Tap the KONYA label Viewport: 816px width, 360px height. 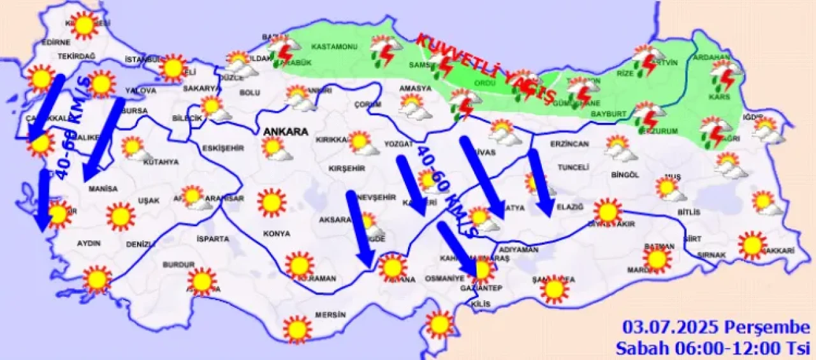[x=276, y=234]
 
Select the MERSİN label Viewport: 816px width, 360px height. [x=330, y=315]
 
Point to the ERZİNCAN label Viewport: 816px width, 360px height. [x=569, y=144]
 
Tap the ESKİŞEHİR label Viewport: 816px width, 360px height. [x=223, y=148]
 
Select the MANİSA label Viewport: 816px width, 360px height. [x=103, y=189]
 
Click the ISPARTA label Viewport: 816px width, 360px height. [x=213, y=239]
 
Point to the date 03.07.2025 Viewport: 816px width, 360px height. [x=671, y=328]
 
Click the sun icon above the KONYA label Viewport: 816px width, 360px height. [x=272, y=203]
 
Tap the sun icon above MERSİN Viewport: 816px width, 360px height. [x=297, y=329]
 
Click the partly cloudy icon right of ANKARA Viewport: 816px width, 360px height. [x=275, y=149]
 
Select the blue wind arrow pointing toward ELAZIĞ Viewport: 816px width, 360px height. [x=541, y=182]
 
